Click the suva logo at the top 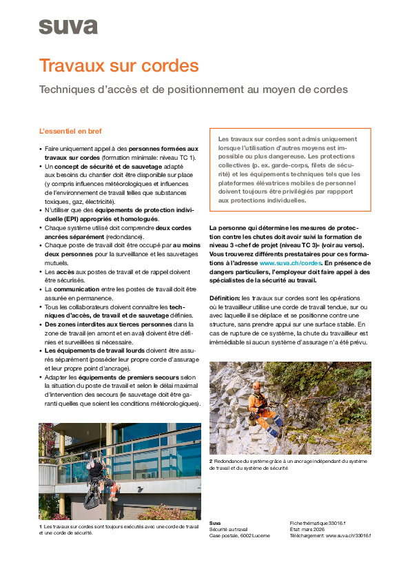point(68,26)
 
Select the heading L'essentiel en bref point(72,131)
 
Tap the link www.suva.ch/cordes point(291,263)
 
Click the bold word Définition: point(225,298)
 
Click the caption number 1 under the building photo point(41,526)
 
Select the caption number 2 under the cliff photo point(212,460)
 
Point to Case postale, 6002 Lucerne point(240,535)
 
